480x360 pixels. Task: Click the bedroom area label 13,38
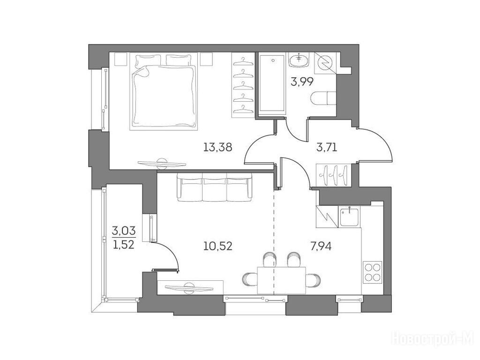click(x=218, y=148)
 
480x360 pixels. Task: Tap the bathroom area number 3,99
click(x=302, y=82)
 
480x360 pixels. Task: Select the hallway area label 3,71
click(x=327, y=148)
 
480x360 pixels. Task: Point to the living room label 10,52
click(x=218, y=246)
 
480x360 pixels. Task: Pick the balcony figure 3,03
click(x=124, y=229)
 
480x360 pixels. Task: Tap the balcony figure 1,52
click(x=124, y=245)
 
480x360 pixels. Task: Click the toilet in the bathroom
click(x=323, y=98)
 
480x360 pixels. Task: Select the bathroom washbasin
click(x=299, y=60)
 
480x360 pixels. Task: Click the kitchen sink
click(x=349, y=217)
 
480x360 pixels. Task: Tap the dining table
click(x=282, y=280)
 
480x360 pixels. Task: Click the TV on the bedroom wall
click(x=162, y=164)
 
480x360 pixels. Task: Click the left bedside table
click(x=120, y=59)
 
